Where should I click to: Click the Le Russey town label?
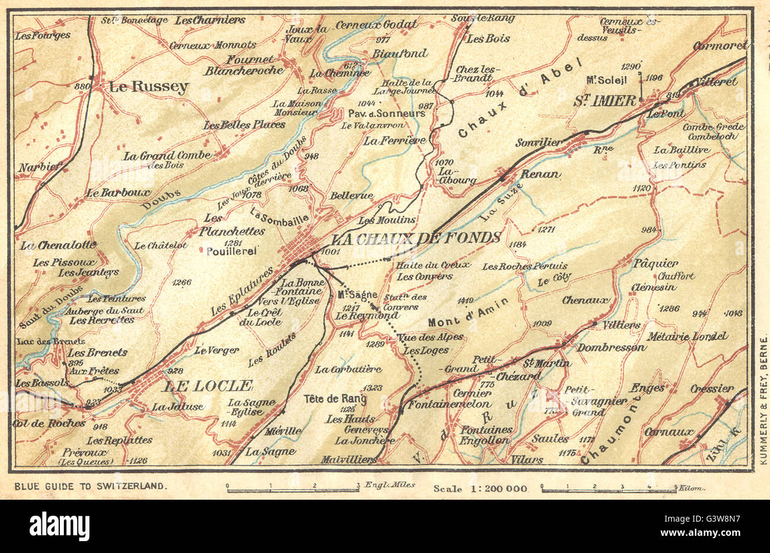148,87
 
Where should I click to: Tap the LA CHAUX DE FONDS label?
415,239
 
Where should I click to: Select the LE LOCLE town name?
207,386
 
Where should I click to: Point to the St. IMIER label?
604,101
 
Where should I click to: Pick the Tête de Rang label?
335,398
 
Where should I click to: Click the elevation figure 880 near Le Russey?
85,86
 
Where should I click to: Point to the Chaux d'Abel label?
521,99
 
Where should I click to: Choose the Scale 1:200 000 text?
480,488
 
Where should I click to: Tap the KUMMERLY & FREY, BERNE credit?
763,397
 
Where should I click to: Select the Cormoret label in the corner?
720,46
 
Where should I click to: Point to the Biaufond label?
399,53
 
